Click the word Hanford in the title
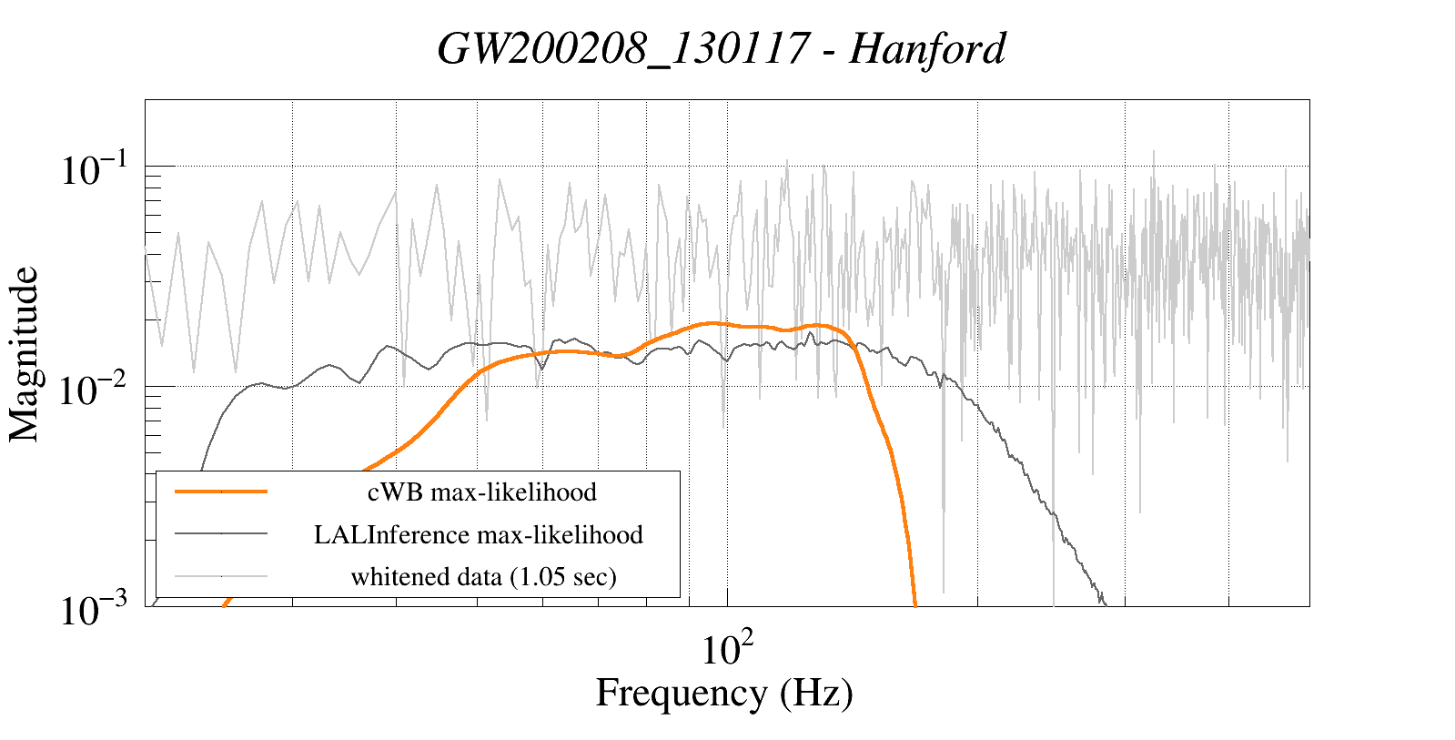[x=927, y=49]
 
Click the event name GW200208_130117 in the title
[x=622, y=49]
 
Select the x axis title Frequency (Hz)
[x=724, y=694]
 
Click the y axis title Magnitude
[x=25, y=354]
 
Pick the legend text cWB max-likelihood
[x=481, y=492]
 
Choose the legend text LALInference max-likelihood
[x=479, y=534]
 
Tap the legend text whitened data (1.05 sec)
[x=483, y=577]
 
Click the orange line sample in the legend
[x=221, y=492]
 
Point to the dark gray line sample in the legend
[x=221, y=533]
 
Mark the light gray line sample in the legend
[x=221, y=576]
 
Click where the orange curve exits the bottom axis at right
[x=914, y=603]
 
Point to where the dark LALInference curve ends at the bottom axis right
[x=1105, y=603]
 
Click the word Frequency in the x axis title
[x=682, y=694]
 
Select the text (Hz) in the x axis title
[x=816, y=694]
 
